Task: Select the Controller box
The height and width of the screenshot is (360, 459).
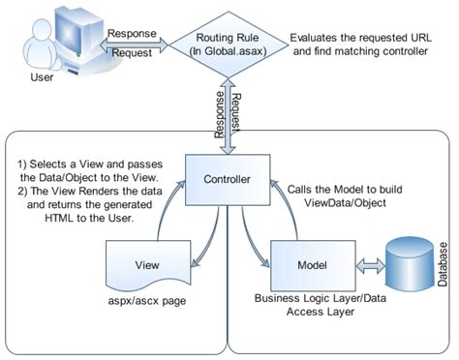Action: pos(228,180)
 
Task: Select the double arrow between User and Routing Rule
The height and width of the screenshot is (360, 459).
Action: pos(131,45)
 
